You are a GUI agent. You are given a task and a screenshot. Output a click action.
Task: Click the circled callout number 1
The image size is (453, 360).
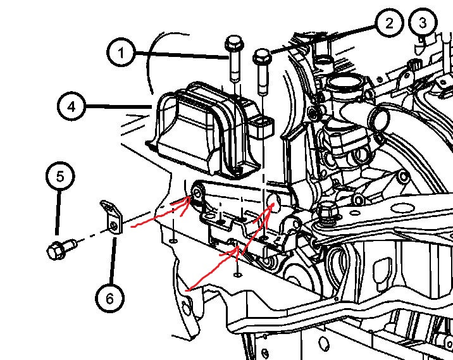121,53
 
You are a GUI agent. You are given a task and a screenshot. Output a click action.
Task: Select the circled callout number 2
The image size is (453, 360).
389,23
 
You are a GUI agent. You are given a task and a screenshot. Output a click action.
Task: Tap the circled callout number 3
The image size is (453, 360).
423,23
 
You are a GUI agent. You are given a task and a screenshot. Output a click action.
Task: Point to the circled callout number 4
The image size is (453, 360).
71,106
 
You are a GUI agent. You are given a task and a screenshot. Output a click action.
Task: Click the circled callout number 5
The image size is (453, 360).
60,176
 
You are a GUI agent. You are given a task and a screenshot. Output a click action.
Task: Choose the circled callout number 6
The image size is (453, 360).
110,298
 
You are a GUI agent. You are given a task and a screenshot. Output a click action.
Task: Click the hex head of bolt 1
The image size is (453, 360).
234,44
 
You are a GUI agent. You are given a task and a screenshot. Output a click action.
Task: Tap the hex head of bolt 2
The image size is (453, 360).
262,57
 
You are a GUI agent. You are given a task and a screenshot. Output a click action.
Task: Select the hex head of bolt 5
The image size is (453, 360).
56,251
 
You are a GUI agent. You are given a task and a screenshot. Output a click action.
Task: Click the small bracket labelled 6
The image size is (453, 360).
112,216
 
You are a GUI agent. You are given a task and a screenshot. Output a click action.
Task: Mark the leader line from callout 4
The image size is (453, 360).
119,107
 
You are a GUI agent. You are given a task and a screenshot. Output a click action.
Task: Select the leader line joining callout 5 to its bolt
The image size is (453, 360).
58,213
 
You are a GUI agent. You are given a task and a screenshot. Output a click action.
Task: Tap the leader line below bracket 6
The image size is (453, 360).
113,261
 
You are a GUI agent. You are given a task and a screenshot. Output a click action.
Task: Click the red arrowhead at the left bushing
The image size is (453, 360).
184,204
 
